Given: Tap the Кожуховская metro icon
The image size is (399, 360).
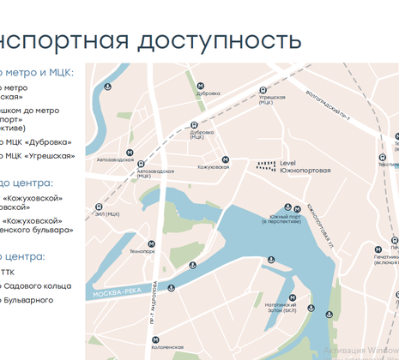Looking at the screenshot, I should (225, 159).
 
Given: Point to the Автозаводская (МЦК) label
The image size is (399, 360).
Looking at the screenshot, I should (154, 173).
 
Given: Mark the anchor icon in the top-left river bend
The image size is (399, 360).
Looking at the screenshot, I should (108, 87).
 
